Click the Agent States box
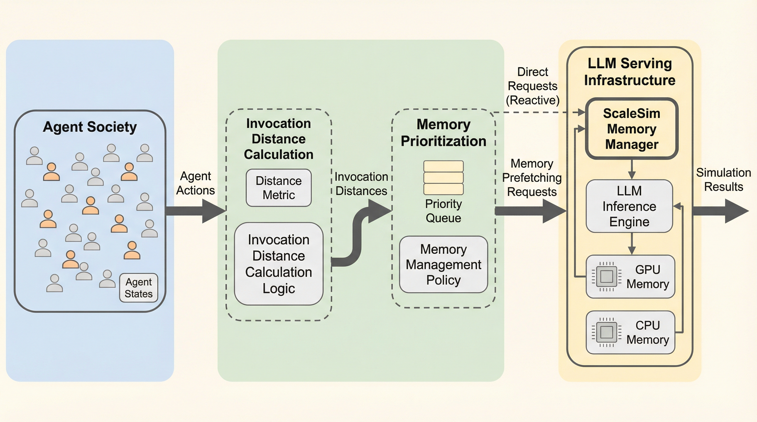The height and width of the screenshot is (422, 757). click(x=138, y=288)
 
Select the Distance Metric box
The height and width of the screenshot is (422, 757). click(x=279, y=188)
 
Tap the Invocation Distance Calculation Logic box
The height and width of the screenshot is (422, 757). click(x=279, y=263)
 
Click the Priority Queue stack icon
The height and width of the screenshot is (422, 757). click(x=443, y=177)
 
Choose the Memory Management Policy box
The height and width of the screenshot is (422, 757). click(x=443, y=264)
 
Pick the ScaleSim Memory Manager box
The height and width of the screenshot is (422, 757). click(x=632, y=129)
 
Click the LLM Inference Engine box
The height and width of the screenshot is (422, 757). click(x=629, y=206)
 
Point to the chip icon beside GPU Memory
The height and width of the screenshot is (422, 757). click(x=606, y=276)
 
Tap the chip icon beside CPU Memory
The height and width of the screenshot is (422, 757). click(x=606, y=332)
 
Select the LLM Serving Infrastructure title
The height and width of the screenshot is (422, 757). click(x=629, y=72)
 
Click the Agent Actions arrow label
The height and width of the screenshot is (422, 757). click(x=195, y=183)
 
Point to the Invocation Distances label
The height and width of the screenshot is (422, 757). click(x=361, y=184)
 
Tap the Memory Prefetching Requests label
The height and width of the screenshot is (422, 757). click(x=532, y=177)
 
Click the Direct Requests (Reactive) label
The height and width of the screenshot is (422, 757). click(x=532, y=86)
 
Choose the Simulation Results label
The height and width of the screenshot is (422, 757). click(x=723, y=180)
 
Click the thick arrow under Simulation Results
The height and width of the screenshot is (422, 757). click(x=720, y=211)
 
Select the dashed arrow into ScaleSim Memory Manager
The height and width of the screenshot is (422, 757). click(x=538, y=112)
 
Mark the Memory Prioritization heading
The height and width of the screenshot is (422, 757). click(x=443, y=133)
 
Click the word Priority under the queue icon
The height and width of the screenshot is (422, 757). click(x=443, y=204)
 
